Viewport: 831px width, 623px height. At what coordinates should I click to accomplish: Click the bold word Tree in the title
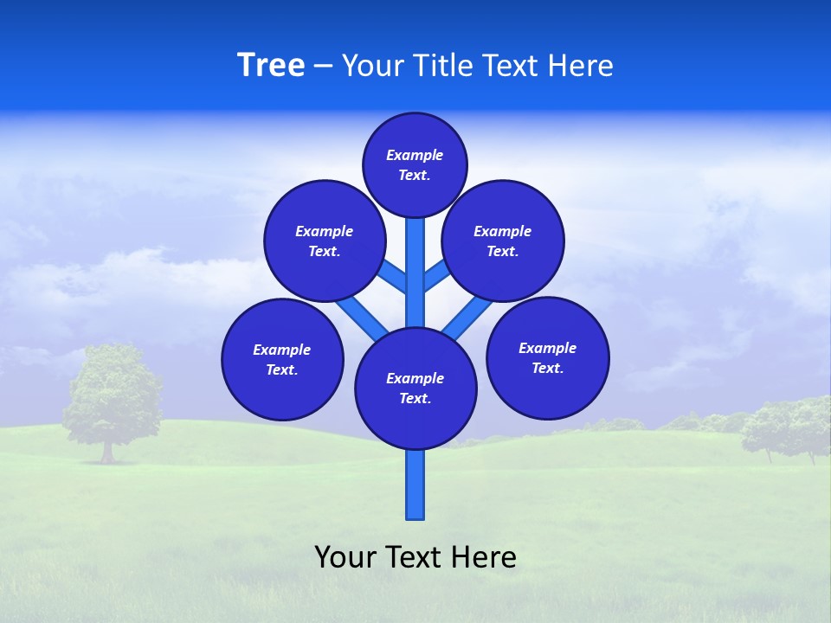pos(271,66)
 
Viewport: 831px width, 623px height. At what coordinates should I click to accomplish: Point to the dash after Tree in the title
pos(323,67)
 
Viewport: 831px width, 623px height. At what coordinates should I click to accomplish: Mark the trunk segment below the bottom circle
pos(415,485)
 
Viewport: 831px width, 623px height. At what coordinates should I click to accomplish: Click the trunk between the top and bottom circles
pos(415,273)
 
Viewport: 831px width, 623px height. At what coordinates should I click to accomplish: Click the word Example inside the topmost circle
pos(415,155)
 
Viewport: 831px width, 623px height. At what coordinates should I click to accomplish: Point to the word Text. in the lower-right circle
pos(547,368)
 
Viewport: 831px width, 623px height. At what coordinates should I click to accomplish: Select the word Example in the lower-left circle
pos(281,350)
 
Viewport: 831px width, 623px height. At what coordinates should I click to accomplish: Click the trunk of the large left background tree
pos(107,452)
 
